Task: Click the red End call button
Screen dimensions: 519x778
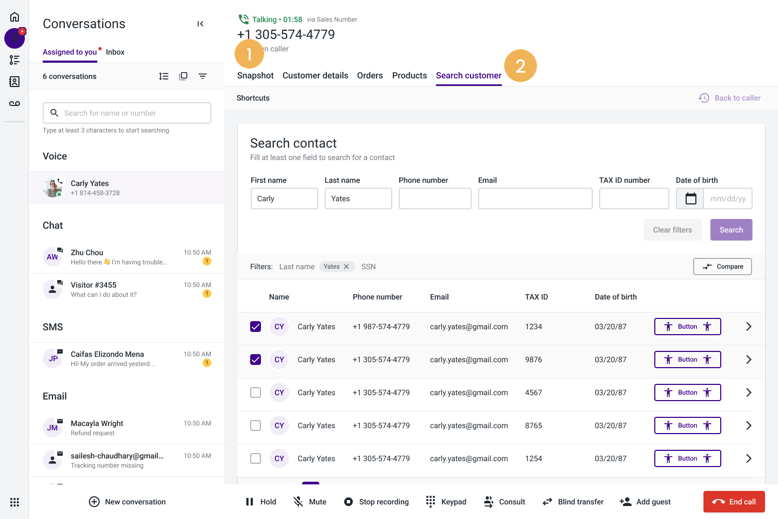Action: point(734,502)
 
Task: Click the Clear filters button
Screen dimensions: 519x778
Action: point(672,230)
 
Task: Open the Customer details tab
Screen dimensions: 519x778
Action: point(315,76)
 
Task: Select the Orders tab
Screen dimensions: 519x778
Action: point(370,76)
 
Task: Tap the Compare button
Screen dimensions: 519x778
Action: point(722,267)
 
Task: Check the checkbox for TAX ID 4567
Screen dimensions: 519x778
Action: point(256,392)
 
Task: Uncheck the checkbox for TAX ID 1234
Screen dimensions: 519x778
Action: point(256,327)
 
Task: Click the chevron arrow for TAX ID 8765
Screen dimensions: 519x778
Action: point(749,425)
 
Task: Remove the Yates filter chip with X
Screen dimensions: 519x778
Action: point(346,267)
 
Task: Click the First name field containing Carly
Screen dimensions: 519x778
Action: point(284,198)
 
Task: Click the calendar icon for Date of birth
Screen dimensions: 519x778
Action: point(690,198)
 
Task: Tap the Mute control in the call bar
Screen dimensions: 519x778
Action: point(310,502)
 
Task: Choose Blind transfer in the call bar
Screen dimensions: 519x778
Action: point(573,502)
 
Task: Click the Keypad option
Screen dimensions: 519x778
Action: point(446,502)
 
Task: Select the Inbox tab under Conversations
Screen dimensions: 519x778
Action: point(115,52)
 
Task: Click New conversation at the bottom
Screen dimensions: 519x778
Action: point(128,502)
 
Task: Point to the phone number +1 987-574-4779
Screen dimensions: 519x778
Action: point(381,327)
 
